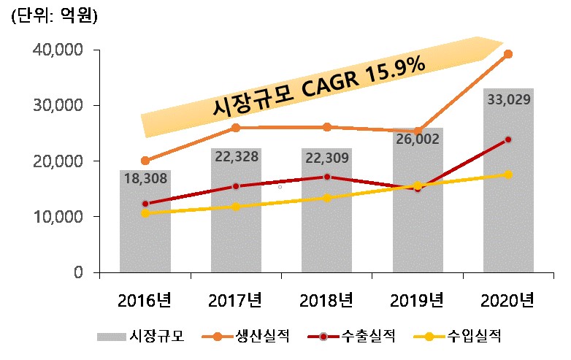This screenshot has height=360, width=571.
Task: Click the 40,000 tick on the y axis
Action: (58, 50)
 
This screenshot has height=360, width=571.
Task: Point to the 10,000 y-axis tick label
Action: (58, 217)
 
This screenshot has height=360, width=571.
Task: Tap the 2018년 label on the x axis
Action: (326, 300)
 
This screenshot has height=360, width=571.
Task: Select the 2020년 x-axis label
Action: (508, 300)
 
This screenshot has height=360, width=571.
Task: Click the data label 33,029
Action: (508, 99)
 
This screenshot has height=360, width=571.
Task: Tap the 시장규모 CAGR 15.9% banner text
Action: (318, 86)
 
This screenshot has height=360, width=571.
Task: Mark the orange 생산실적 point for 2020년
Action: (508, 54)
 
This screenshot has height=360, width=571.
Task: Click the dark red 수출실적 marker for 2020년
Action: (508, 139)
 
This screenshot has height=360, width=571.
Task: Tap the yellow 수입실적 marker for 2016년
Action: (145, 213)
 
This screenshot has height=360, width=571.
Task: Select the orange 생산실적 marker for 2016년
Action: (145, 161)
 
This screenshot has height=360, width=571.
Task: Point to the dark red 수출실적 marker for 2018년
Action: (326, 177)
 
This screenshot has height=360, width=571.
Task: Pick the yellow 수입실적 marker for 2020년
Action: (508, 174)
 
